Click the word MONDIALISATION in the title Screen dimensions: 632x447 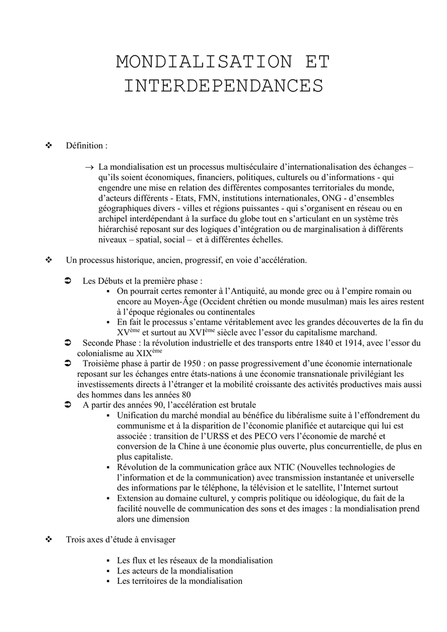(x=196, y=62)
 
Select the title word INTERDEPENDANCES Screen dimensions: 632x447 (x=223, y=86)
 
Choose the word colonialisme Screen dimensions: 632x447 (x=102, y=354)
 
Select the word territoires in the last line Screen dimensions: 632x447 (x=151, y=581)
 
